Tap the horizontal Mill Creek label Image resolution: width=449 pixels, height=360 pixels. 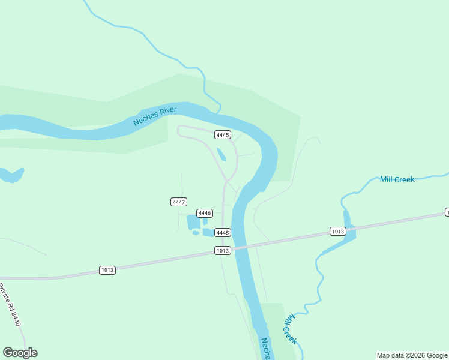pyautogui.click(x=397, y=179)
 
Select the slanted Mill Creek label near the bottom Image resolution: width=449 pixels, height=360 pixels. pyautogui.click(x=290, y=329)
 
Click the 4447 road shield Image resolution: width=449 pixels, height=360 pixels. pyautogui.click(x=179, y=202)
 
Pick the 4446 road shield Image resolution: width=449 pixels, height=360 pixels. pyautogui.click(x=205, y=213)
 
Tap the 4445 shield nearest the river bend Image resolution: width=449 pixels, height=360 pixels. pyautogui.click(x=223, y=135)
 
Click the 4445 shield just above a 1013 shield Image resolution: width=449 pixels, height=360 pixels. pyautogui.click(x=223, y=232)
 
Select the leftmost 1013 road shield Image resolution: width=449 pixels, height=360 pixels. pyautogui.click(x=107, y=270)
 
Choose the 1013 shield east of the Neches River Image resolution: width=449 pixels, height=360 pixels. pyautogui.click(x=337, y=231)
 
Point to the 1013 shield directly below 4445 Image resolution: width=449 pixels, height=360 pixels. pyautogui.click(x=223, y=250)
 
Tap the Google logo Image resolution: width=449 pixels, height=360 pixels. pyautogui.click(x=20, y=353)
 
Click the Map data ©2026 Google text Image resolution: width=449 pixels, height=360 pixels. pyautogui.click(x=412, y=355)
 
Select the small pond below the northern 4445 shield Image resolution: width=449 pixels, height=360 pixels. pyautogui.click(x=221, y=154)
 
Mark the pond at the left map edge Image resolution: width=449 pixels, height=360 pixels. pyautogui.click(x=11, y=175)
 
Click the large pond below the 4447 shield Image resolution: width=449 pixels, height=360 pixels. pyautogui.click(x=193, y=222)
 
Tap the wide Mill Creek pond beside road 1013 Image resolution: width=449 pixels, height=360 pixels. pyautogui.click(x=348, y=232)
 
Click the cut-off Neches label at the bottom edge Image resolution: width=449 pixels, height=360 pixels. pyautogui.click(x=265, y=349)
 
